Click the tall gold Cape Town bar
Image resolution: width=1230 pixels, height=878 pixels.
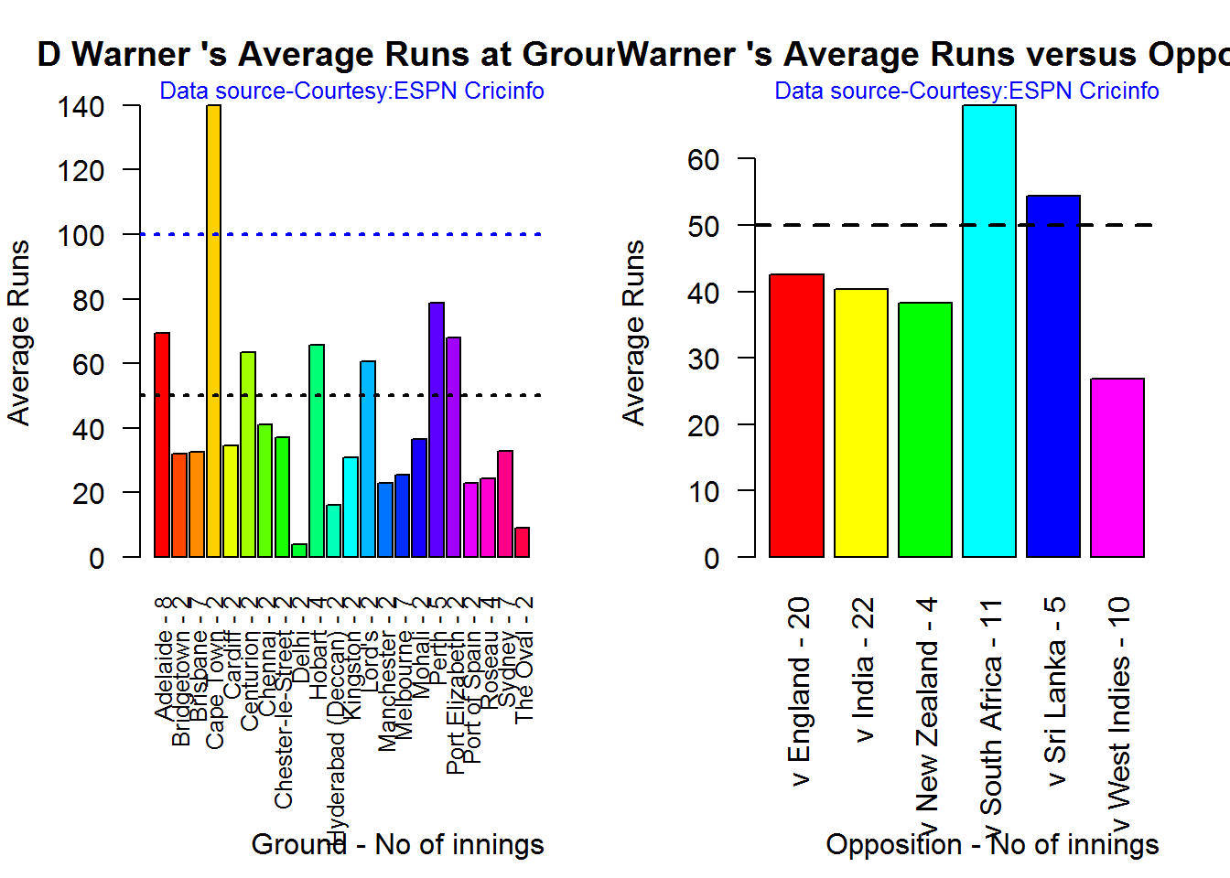(213, 329)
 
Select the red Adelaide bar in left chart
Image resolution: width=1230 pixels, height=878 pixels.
(162, 444)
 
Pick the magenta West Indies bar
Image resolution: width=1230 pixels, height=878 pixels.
(1117, 467)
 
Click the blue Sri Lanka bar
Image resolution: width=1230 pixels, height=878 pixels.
(1053, 376)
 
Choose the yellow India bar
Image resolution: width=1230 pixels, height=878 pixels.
(861, 423)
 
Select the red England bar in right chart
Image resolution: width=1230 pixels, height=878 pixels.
(796, 415)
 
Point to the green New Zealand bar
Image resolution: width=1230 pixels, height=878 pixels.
(925, 429)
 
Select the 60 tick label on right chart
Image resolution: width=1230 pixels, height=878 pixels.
(703, 160)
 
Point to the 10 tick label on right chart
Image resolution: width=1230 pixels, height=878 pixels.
(703, 492)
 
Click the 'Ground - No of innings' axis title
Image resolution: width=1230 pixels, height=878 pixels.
(397, 844)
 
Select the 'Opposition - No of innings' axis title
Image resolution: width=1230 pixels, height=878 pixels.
(992, 844)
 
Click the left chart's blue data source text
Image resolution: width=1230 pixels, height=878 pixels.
(351, 91)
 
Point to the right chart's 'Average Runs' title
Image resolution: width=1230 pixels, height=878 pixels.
(633, 333)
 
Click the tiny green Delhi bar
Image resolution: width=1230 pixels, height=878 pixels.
(299, 550)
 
